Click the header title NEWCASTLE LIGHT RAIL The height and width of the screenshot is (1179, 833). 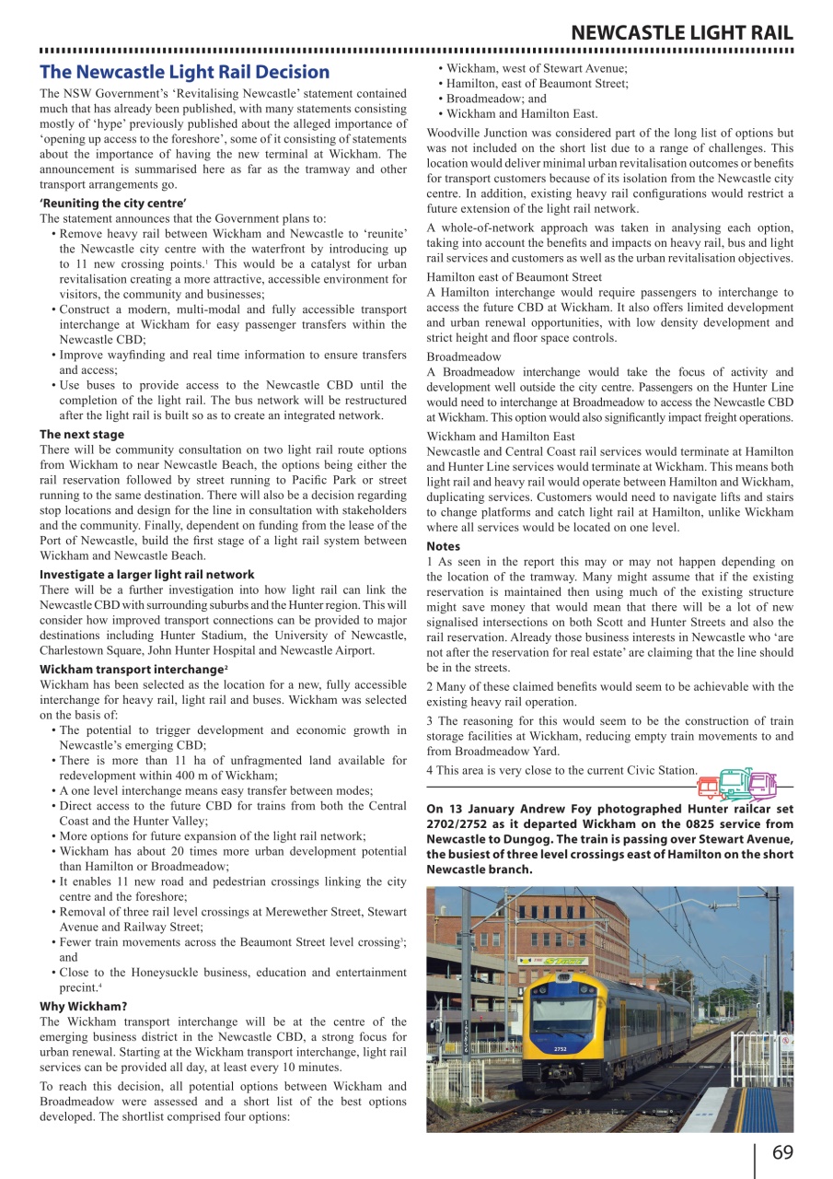click(x=682, y=33)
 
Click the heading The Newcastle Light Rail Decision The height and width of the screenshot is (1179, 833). click(x=184, y=72)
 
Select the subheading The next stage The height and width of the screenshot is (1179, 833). click(x=81, y=434)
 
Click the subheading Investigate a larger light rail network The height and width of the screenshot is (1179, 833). click(x=147, y=574)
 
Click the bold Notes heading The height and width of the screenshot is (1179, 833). click(x=444, y=546)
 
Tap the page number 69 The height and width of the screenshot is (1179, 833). click(x=782, y=1153)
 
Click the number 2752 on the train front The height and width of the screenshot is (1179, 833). click(x=561, y=1048)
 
